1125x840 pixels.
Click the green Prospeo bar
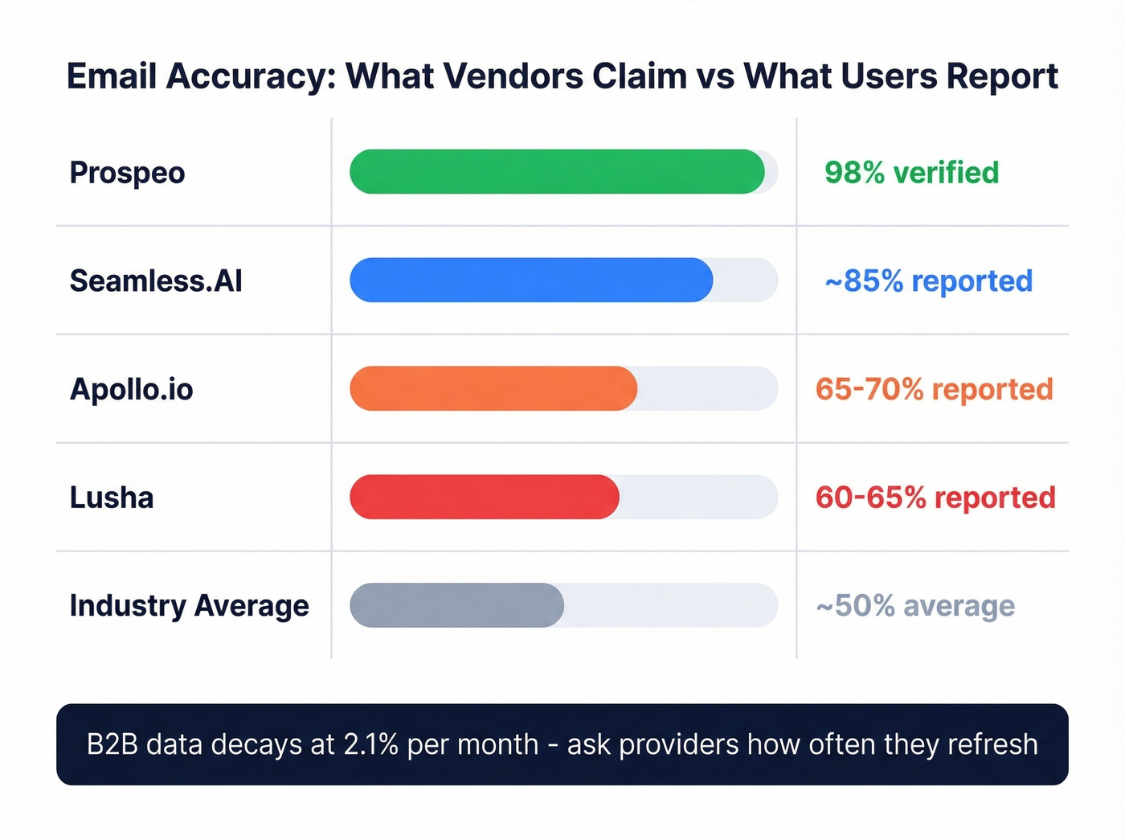click(x=557, y=171)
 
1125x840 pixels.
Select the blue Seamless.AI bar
click(x=531, y=280)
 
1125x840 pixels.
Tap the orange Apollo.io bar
click(x=493, y=388)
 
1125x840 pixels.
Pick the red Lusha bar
click(x=485, y=497)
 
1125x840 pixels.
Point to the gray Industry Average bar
click(x=456, y=605)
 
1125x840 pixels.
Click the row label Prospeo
click(x=127, y=173)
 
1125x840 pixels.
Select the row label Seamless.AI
click(x=156, y=281)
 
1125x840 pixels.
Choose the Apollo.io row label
click(x=131, y=389)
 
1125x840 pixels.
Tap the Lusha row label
click(x=111, y=498)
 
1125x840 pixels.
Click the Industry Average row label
click(x=189, y=606)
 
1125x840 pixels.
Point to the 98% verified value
click(x=911, y=173)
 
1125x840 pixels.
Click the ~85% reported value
click(x=928, y=281)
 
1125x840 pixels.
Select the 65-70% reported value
click(x=934, y=389)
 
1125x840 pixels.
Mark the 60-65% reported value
click(x=935, y=498)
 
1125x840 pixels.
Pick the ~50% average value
click(x=915, y=606)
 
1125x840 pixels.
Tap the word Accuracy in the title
click(x=251, y=76)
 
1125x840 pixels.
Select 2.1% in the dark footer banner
click(x=370, y=744)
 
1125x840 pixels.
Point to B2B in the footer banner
click(x=112, y=744)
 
